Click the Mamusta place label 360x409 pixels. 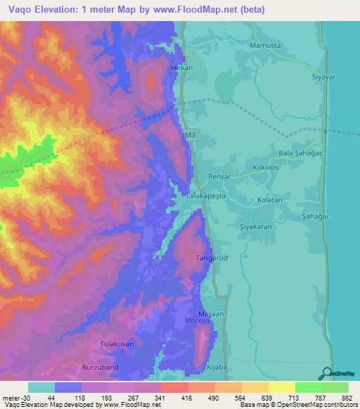[x=264, y=46]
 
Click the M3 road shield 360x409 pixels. [x=188, y=134]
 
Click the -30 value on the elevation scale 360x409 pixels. [x=19, y=397]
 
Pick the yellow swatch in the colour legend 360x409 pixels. [x=281, y=387]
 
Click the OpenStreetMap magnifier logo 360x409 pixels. [x=326, y=373]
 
